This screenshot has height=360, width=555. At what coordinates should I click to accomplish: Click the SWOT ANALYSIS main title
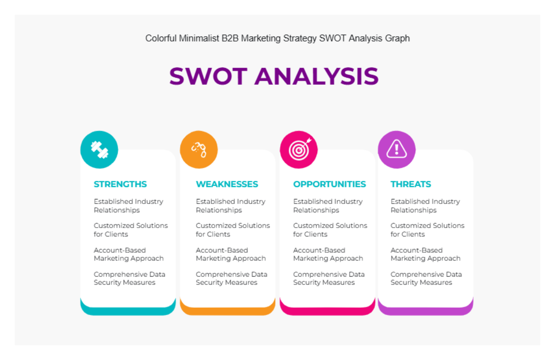pyautogui.click(x=274, y=76)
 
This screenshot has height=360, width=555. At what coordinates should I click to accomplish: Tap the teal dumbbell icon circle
pyautogui.click(x=99, y=149)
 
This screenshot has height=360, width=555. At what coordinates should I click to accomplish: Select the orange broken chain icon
pyautogui.click(x=199, y=149)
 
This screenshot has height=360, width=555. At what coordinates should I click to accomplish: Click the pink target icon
pyautogui.click(x=299, y=149)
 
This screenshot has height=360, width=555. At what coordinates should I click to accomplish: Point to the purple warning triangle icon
pyautogui.click(x=396, y=149)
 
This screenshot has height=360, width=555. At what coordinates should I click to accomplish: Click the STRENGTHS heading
pyautogui.click(x=120, y=184)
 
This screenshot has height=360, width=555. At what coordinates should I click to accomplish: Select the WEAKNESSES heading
pyautogui.click(x=227, y=184)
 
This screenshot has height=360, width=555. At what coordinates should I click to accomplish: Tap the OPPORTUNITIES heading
pyautogui.click(x=329, y=184)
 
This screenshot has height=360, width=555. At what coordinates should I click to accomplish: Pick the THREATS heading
pyautogui.click(x=411, y=184)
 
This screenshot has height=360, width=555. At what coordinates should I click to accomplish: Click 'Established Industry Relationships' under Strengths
pyautogui.click(x=128, y=206)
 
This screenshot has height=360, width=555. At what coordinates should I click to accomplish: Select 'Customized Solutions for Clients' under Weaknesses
pyautogui.click(x=233, y=230)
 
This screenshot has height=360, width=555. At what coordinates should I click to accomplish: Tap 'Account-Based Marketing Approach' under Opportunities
pyautogui.click(x=328, y=254)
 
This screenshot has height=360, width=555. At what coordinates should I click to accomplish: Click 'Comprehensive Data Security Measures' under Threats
pyautogui.click(x=426, y=278)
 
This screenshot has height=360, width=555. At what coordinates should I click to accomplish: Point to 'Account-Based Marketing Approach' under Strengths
pyautogui.click(x=129, y=254)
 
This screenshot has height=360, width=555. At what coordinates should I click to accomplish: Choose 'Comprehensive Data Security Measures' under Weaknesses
pyautogui.click(x=231, y=278)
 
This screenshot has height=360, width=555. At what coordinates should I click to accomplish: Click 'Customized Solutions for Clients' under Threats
pyautogui.click(x=427, y=230)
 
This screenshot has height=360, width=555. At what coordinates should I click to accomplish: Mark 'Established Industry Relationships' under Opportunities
pyautogui.click(x=328, y=206)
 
